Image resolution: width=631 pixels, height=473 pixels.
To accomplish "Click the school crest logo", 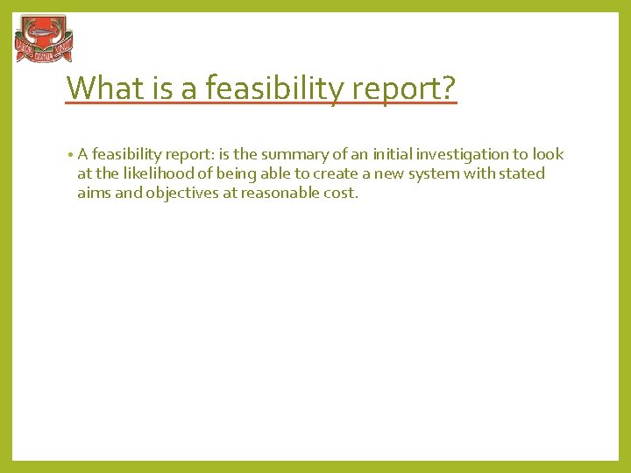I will tap(44, 39).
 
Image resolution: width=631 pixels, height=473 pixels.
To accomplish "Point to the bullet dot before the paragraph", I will tap(68, 155).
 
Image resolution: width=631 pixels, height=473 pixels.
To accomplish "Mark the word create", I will tap(331, 174).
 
